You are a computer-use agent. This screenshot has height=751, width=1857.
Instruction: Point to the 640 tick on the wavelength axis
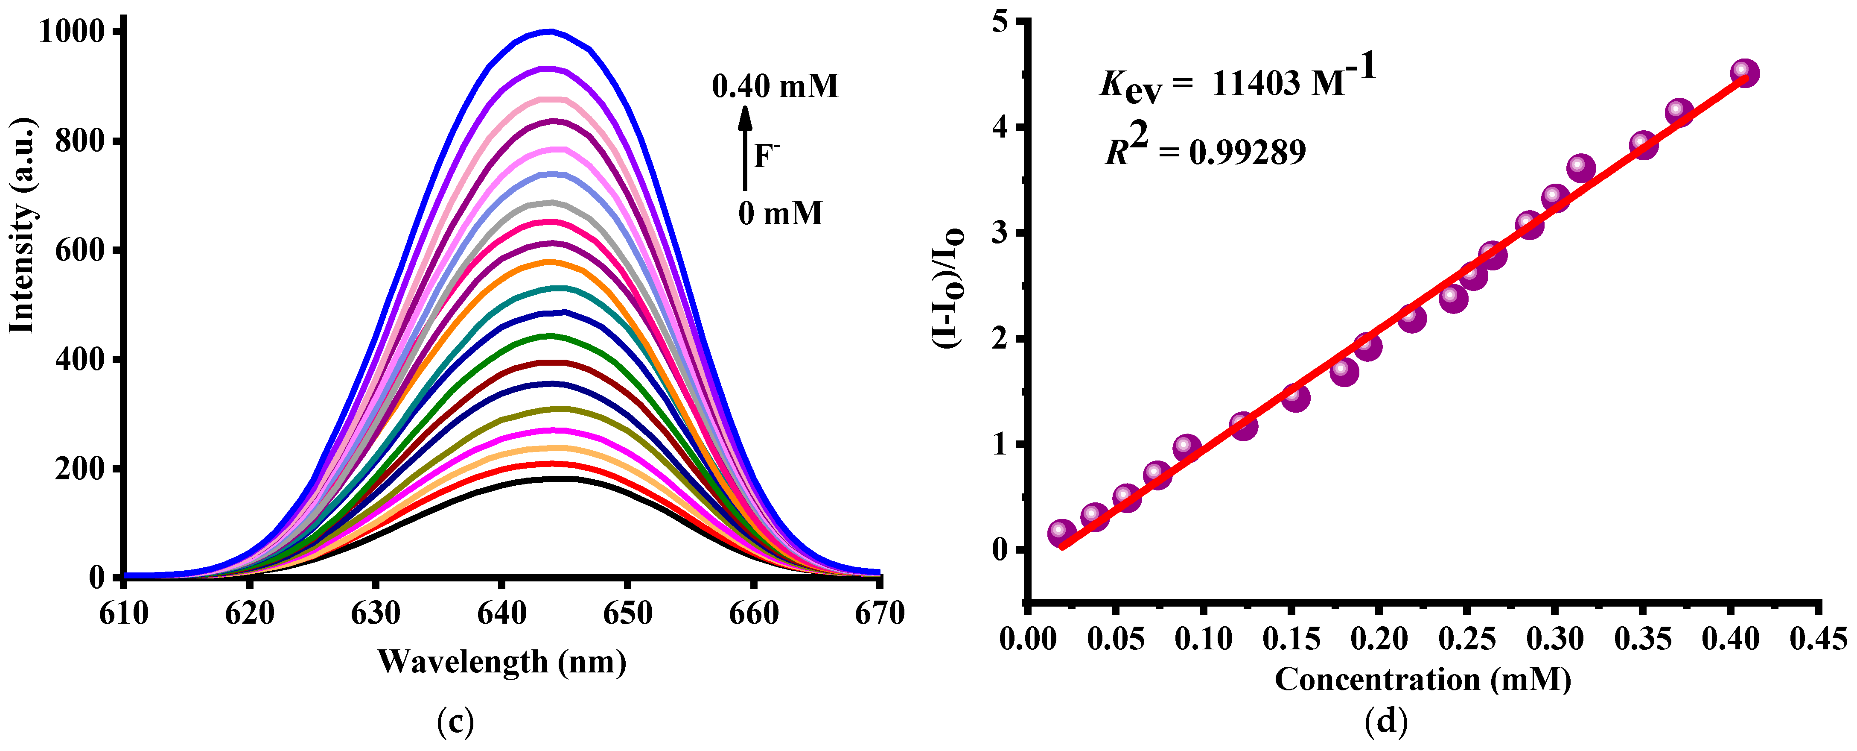pyautogui.click(x=502, y=613)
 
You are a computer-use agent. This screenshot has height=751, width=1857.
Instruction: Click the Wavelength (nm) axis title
pyautogui.click(x=502, y=661)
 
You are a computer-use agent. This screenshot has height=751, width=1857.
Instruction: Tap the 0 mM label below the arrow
pyautogui.click(x=780, y=214)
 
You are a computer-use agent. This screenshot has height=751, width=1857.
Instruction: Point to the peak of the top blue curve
pyautogui.click(x=550, y=31)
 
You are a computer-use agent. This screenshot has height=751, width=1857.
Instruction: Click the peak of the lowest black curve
pyautogui.click(x=559, y=478)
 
